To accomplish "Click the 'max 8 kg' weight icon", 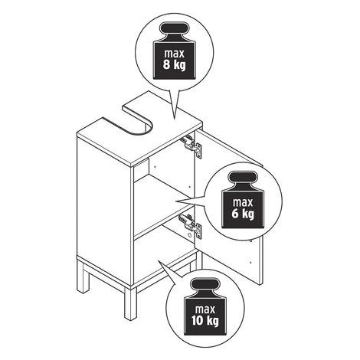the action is [x=174, y=51].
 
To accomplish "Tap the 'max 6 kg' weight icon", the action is [x=243, y=200].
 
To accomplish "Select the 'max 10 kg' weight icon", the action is [x=205, y=306].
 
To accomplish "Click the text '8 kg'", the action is [x=175, y=65].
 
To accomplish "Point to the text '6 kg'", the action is [x=243, y=214].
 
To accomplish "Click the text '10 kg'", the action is [x=205, y=321].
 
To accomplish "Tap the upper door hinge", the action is [x=191, y=146].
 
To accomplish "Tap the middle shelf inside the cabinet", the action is [x=163, y=207].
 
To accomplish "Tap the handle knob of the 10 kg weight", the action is [x=205, y=284].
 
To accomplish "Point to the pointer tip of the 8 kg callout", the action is [x=175, y=119].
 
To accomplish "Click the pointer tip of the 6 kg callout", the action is [x=175, y=201].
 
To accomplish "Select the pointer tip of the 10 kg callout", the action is [x=159, y=261].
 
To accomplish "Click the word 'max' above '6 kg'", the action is [x=243, y=203].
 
